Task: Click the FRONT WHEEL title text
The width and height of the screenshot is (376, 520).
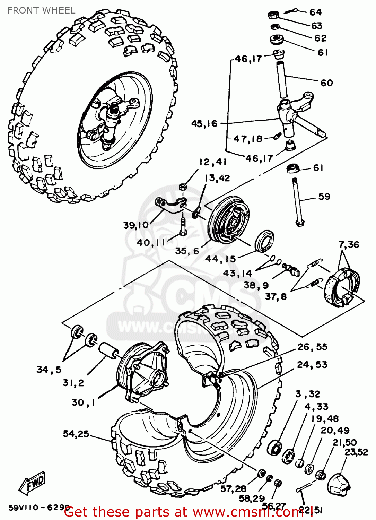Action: click(x=41, y=10)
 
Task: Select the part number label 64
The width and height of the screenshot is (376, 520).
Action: click(x=315, y=12)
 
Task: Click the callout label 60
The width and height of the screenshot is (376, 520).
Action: click(x=326, y=83)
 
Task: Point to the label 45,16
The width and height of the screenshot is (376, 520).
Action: click(x=204, y=124)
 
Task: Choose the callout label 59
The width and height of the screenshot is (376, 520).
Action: click(x=324, y=197)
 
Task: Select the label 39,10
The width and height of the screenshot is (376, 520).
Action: click(x=135, y=225)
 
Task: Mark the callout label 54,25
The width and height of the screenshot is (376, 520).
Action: click(x=76, y=434)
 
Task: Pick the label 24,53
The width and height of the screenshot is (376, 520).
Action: click(x=312, y=365)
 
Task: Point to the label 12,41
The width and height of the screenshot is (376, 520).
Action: click(x=212, y=162)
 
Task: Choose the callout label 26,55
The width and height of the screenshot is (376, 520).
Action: click(x=312, y=347)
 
